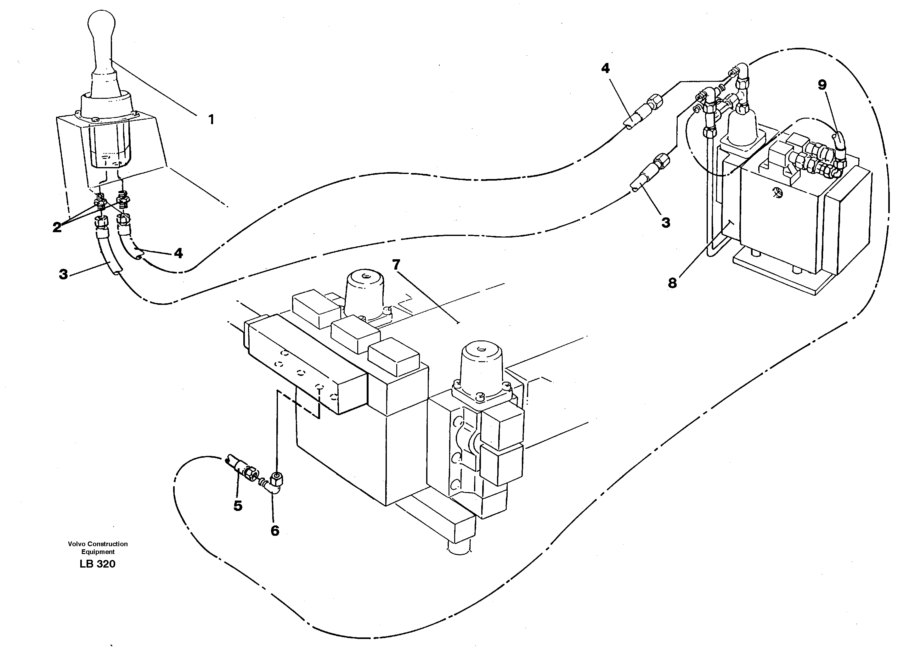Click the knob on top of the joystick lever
[x=102, y=24]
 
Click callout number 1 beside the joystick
[x=211, y=119]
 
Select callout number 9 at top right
[x=822, y=85]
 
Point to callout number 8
[x=672, y=283]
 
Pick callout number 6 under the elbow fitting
[x=275, y=531]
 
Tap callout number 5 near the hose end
[x=238, y=506]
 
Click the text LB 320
[x=97, y=564]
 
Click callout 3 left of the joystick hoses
[x=63, y=275]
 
